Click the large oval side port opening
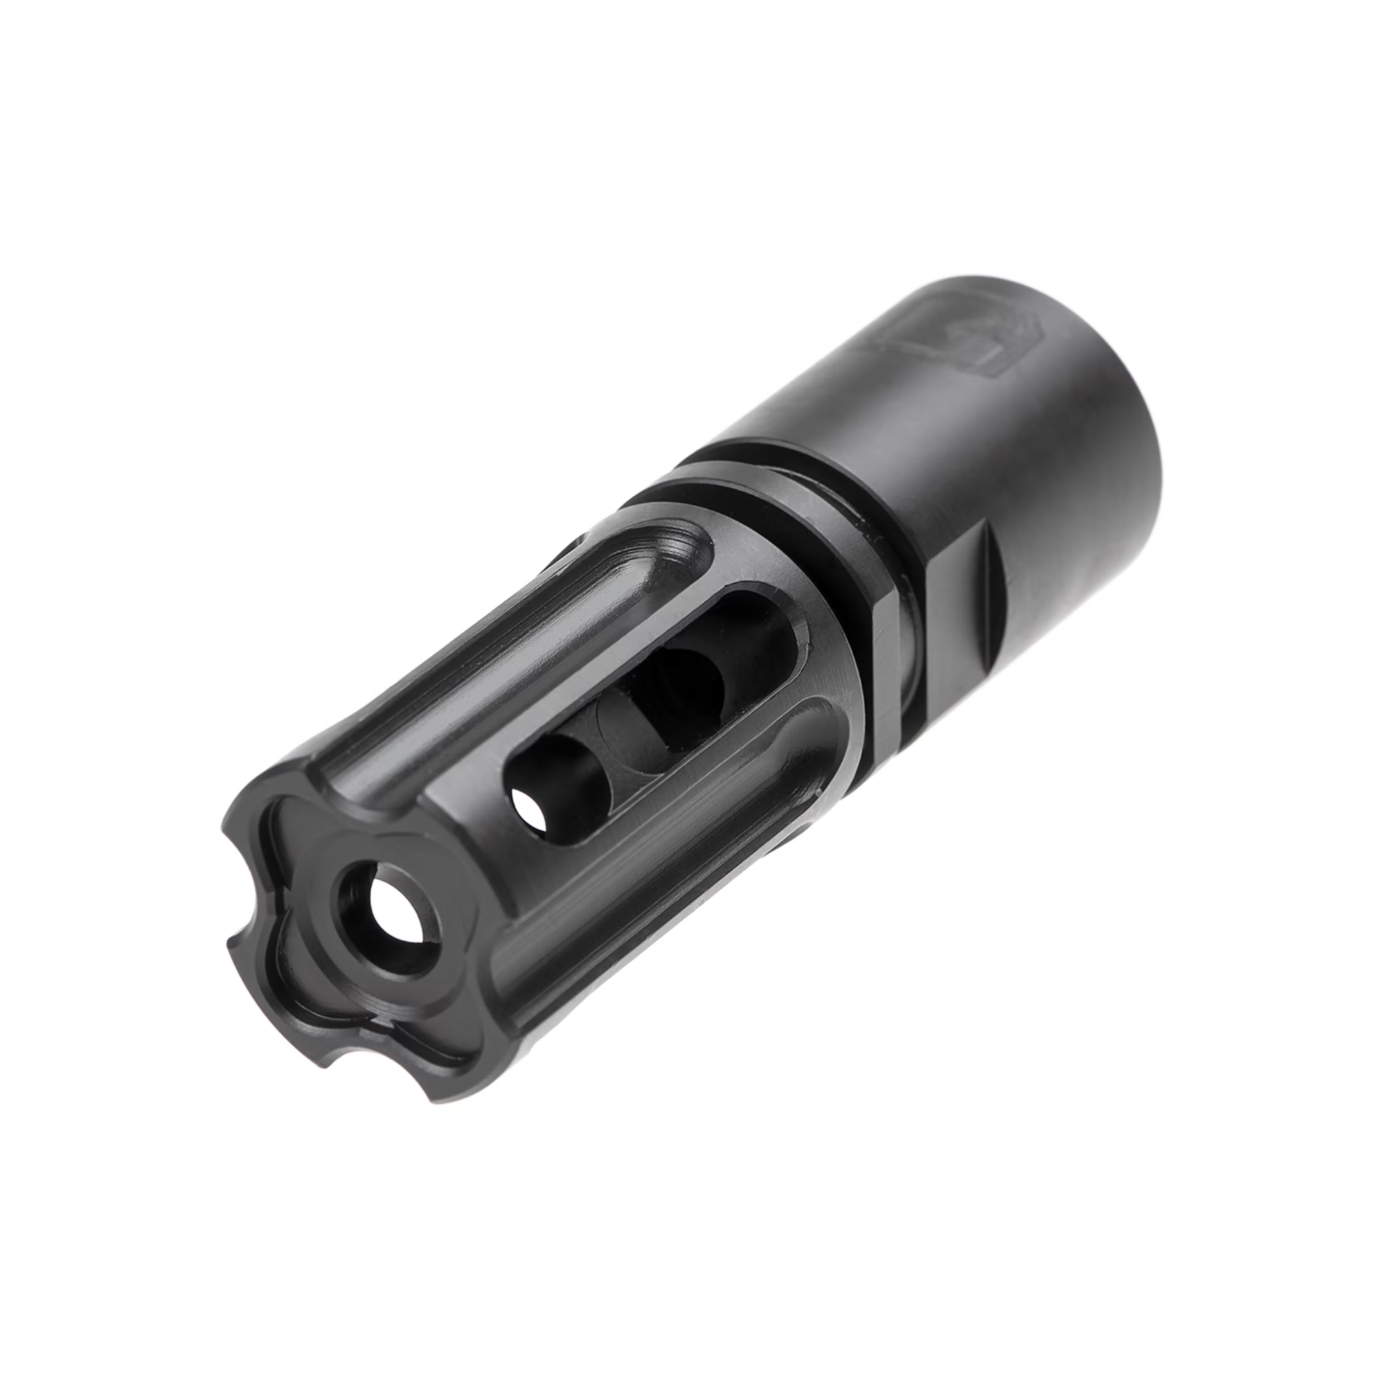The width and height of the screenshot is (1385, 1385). click(645, 717)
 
